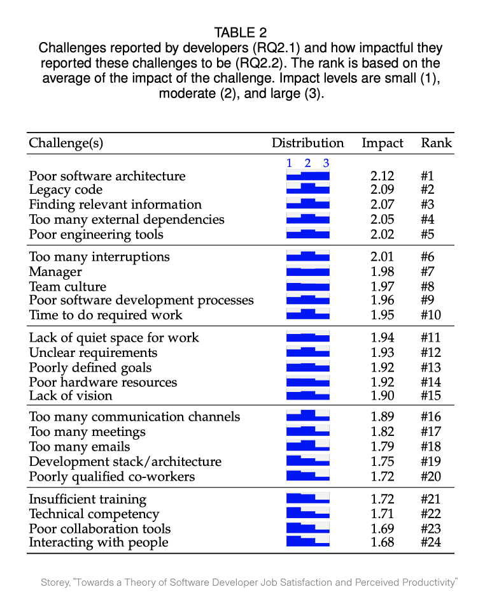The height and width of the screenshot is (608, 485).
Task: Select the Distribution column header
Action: [307, 143]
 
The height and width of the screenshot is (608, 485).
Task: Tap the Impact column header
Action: [383, 143]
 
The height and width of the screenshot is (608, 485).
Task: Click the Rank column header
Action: [436, 143]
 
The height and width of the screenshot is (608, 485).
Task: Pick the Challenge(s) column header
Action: [66, 143]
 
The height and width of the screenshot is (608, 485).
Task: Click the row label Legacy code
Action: [66, 190]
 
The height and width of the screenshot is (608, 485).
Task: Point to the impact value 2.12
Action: [383, 176]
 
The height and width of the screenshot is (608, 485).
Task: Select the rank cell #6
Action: [431, 257]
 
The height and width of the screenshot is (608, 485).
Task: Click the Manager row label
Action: [55, 272]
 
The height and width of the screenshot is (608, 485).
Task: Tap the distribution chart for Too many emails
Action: [308, 445]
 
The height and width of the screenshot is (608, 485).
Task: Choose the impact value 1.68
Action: [383, 542]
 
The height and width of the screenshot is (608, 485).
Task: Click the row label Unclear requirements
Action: [93, 352]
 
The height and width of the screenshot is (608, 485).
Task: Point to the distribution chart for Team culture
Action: [308, 286]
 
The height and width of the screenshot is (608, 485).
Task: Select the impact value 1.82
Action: [383, 431]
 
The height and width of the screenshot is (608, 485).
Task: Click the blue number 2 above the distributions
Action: [307, 163]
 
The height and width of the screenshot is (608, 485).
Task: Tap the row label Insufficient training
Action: [88, 499]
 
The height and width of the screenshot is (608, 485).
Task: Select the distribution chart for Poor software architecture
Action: [308, 175]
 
